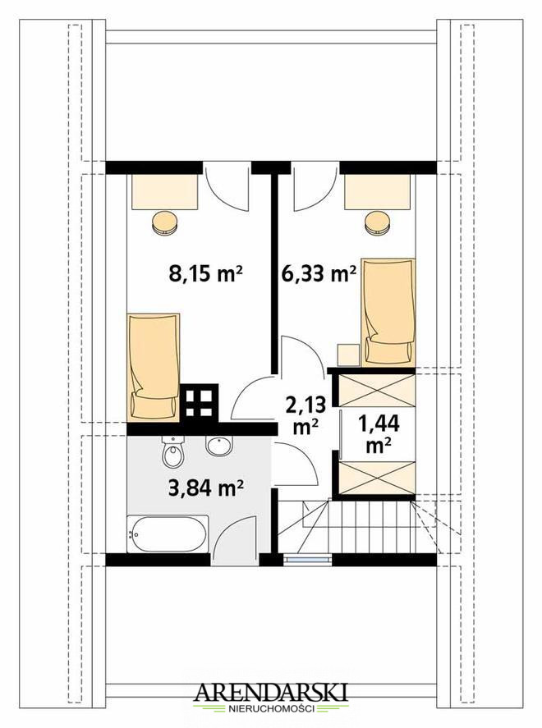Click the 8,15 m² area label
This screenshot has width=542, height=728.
(x=206, y=274)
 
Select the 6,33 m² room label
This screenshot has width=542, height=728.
(x=319, y=274)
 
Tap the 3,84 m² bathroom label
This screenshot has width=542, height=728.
(x=206, y=488)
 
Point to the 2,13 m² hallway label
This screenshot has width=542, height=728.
(x=305, y=415)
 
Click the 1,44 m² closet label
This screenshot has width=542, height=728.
(x=378, y=433)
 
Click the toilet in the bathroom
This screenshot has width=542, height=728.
(x=174, y=451)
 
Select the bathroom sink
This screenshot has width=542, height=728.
(x=219, y=446)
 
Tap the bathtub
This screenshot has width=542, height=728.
(x=168, y=533)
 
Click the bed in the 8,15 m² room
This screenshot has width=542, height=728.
(x=154, y=368)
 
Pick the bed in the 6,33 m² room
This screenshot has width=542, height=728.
(x=388, y=313)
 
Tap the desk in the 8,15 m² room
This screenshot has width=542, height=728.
(x=165, y=192)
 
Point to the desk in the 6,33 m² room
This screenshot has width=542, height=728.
(x=378, y=192)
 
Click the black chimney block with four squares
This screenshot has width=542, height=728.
(x=200, y=402)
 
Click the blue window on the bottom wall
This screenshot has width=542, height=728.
(x=307, y=560)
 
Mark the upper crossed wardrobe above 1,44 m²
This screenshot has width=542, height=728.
(x=377, y=391)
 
